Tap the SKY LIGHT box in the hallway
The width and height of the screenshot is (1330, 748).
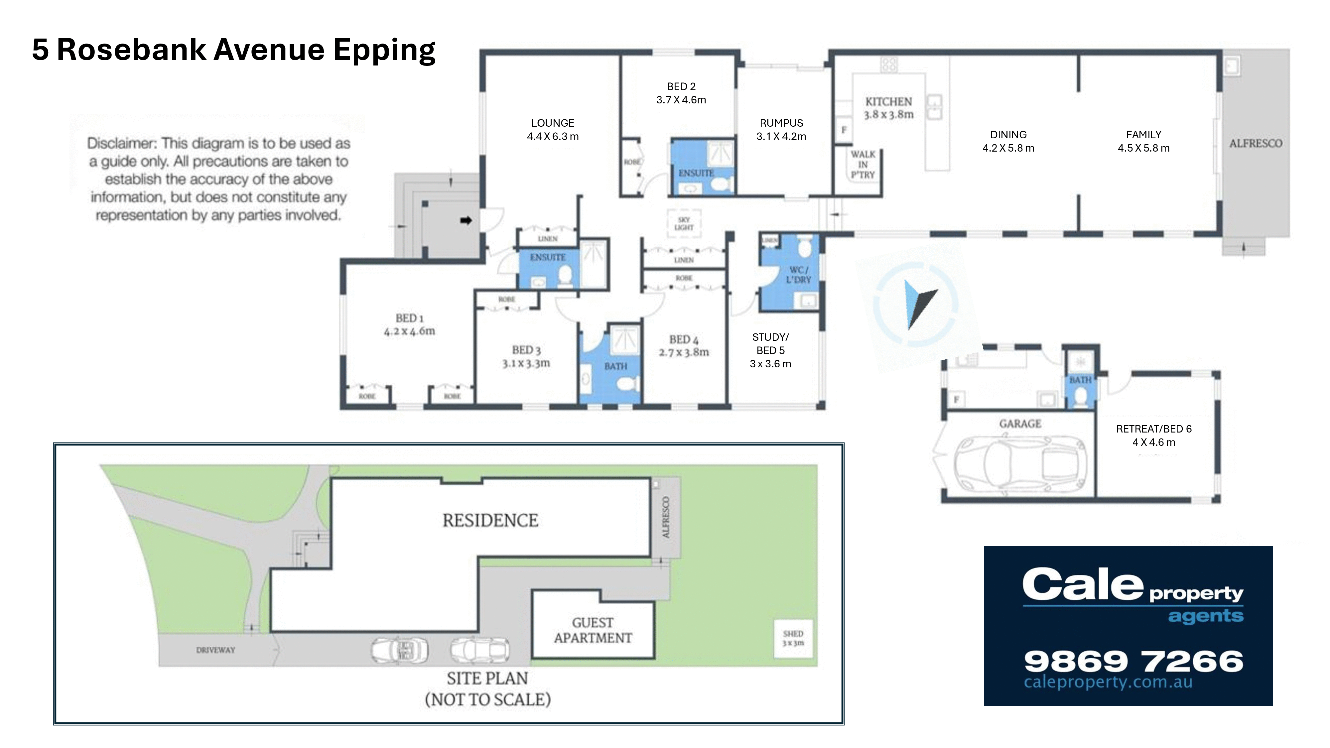684,223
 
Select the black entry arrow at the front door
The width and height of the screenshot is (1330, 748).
466,221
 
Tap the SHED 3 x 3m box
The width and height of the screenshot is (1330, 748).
793,638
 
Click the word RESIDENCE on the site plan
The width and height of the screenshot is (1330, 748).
490,520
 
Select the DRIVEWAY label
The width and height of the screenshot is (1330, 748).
215,650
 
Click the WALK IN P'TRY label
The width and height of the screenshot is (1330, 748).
863,165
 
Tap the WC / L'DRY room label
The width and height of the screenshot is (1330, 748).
798,275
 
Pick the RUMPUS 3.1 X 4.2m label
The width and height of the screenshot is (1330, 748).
781,130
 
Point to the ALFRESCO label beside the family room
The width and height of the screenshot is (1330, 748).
1255,144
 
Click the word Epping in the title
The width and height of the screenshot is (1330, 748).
384,51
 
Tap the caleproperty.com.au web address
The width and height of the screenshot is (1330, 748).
1108,682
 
